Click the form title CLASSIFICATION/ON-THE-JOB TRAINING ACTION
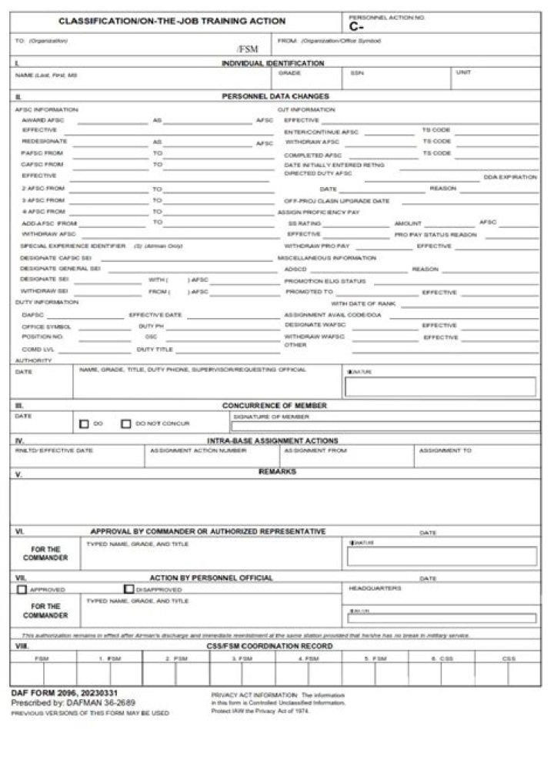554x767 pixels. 172,22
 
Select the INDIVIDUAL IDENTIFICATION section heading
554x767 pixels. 272,63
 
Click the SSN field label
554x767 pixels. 356,73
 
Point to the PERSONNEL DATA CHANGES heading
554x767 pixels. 275,96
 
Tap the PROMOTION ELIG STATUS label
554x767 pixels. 325,281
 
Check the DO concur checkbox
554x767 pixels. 84,424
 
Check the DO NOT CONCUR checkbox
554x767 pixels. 125,424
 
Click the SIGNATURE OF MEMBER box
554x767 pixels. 385,426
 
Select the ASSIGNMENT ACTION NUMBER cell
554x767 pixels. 187,450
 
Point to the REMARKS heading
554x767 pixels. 277,471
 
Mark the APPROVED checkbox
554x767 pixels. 22,590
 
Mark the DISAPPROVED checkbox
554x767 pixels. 129,590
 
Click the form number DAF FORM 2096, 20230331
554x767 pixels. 64,694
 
